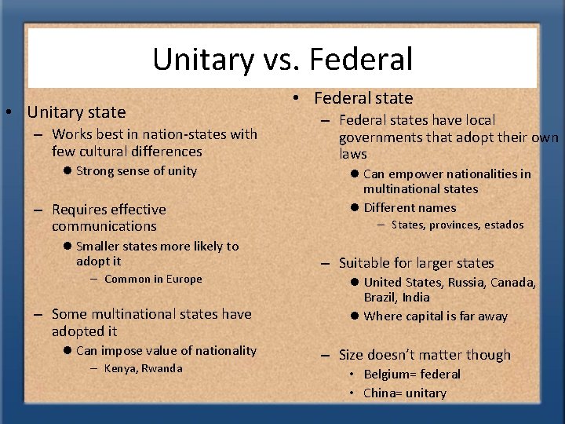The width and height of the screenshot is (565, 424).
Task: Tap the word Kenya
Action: click(x=120, y=368)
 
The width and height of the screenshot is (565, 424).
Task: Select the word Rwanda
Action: click(x=162, y=368)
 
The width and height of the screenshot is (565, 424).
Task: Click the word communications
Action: click(x=104, y=226)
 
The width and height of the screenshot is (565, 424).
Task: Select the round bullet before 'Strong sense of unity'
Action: click(x=67, y=171)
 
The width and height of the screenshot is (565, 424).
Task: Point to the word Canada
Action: click(x=515, y=282)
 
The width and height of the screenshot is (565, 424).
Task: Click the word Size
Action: click(x=353, y=356)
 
